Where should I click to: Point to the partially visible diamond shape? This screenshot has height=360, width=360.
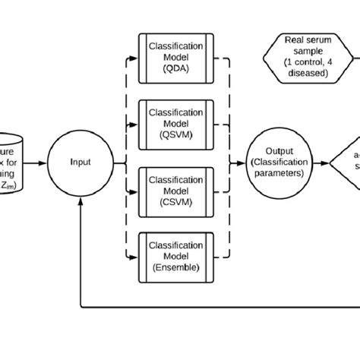(x=346, y=161)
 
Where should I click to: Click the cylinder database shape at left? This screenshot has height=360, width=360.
(x=11, y=161)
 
